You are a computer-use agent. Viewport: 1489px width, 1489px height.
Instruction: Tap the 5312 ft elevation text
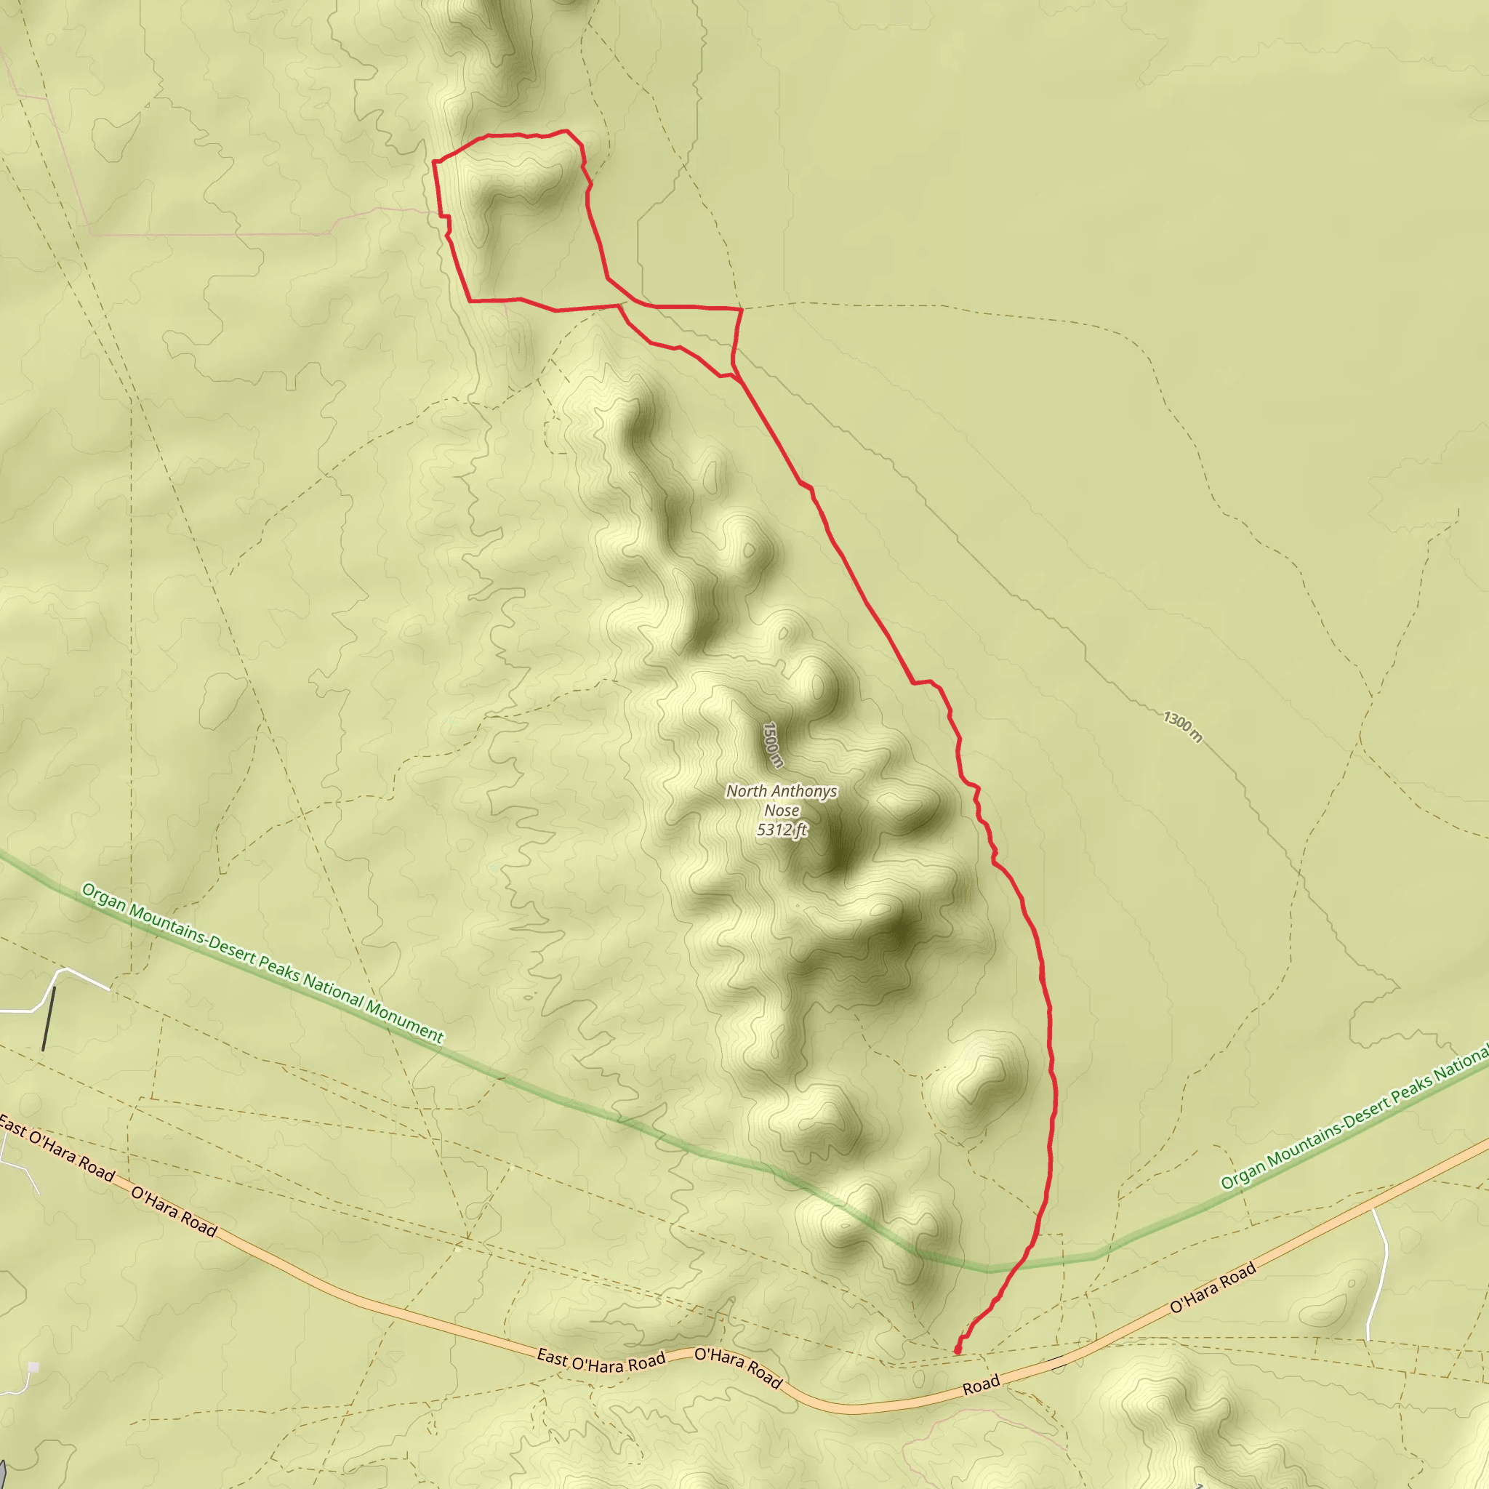(x=782, y=830)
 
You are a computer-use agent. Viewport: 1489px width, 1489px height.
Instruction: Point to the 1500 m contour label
(x=773, y=744)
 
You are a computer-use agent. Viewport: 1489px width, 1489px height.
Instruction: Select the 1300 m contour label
(x=1181, y=727)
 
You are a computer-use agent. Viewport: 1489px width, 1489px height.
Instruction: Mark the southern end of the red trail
(x=958, y=1350)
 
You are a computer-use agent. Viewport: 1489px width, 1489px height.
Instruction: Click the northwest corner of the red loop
(x=434, y=162)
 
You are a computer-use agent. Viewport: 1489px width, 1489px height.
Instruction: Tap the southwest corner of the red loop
(x=470, y=300)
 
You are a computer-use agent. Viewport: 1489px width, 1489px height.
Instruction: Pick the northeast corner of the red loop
(x=568, y=132)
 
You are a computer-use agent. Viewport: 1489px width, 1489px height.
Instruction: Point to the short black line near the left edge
(x=49, y=1018)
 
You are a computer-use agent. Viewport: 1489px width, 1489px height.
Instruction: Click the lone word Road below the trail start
(x=981, y=1385)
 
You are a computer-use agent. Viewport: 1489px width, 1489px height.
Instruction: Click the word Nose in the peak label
(x=782, y=811)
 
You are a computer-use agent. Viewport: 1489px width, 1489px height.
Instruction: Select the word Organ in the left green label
(x=103, y=898)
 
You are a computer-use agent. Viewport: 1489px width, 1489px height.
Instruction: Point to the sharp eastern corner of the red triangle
(x=742, y=310)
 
